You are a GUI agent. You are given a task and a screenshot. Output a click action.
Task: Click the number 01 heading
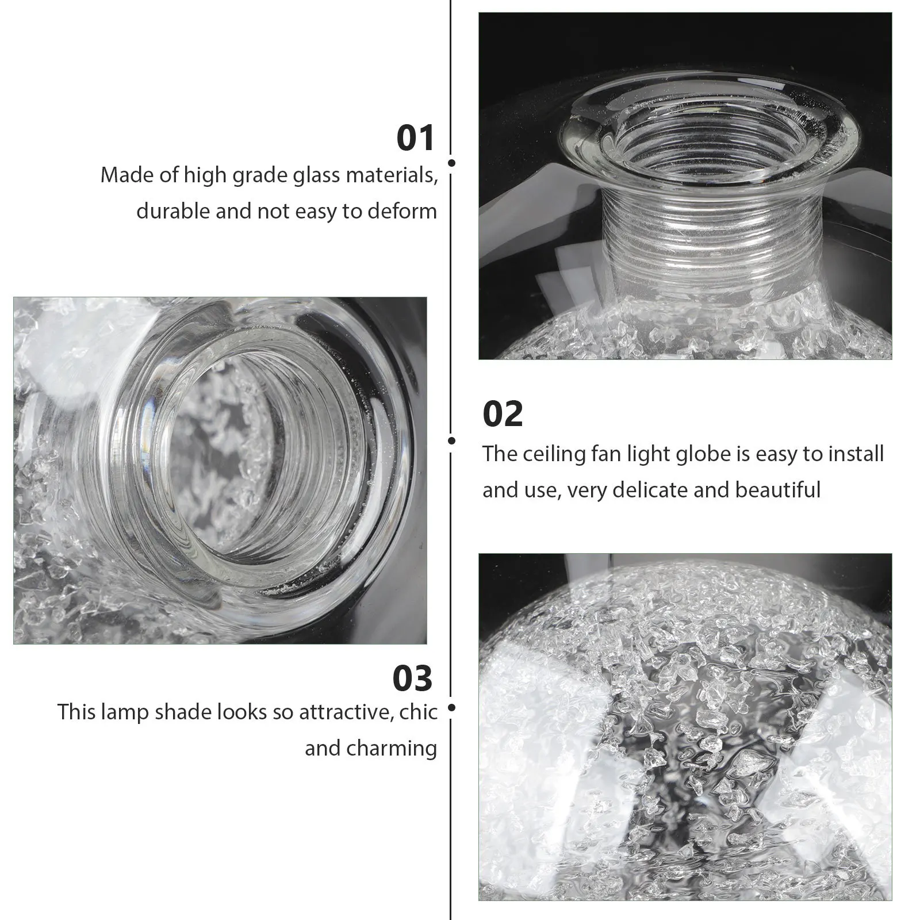click(415, 139)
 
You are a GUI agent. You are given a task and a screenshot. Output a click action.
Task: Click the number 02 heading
click(503, 414)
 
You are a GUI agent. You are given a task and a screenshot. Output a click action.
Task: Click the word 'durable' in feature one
click(173, 211)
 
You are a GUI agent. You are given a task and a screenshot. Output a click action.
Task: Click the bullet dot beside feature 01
click(451, 163)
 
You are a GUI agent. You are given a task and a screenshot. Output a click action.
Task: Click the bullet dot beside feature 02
click(451, 441)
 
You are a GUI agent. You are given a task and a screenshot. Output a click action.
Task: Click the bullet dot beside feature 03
click(451, 707)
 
